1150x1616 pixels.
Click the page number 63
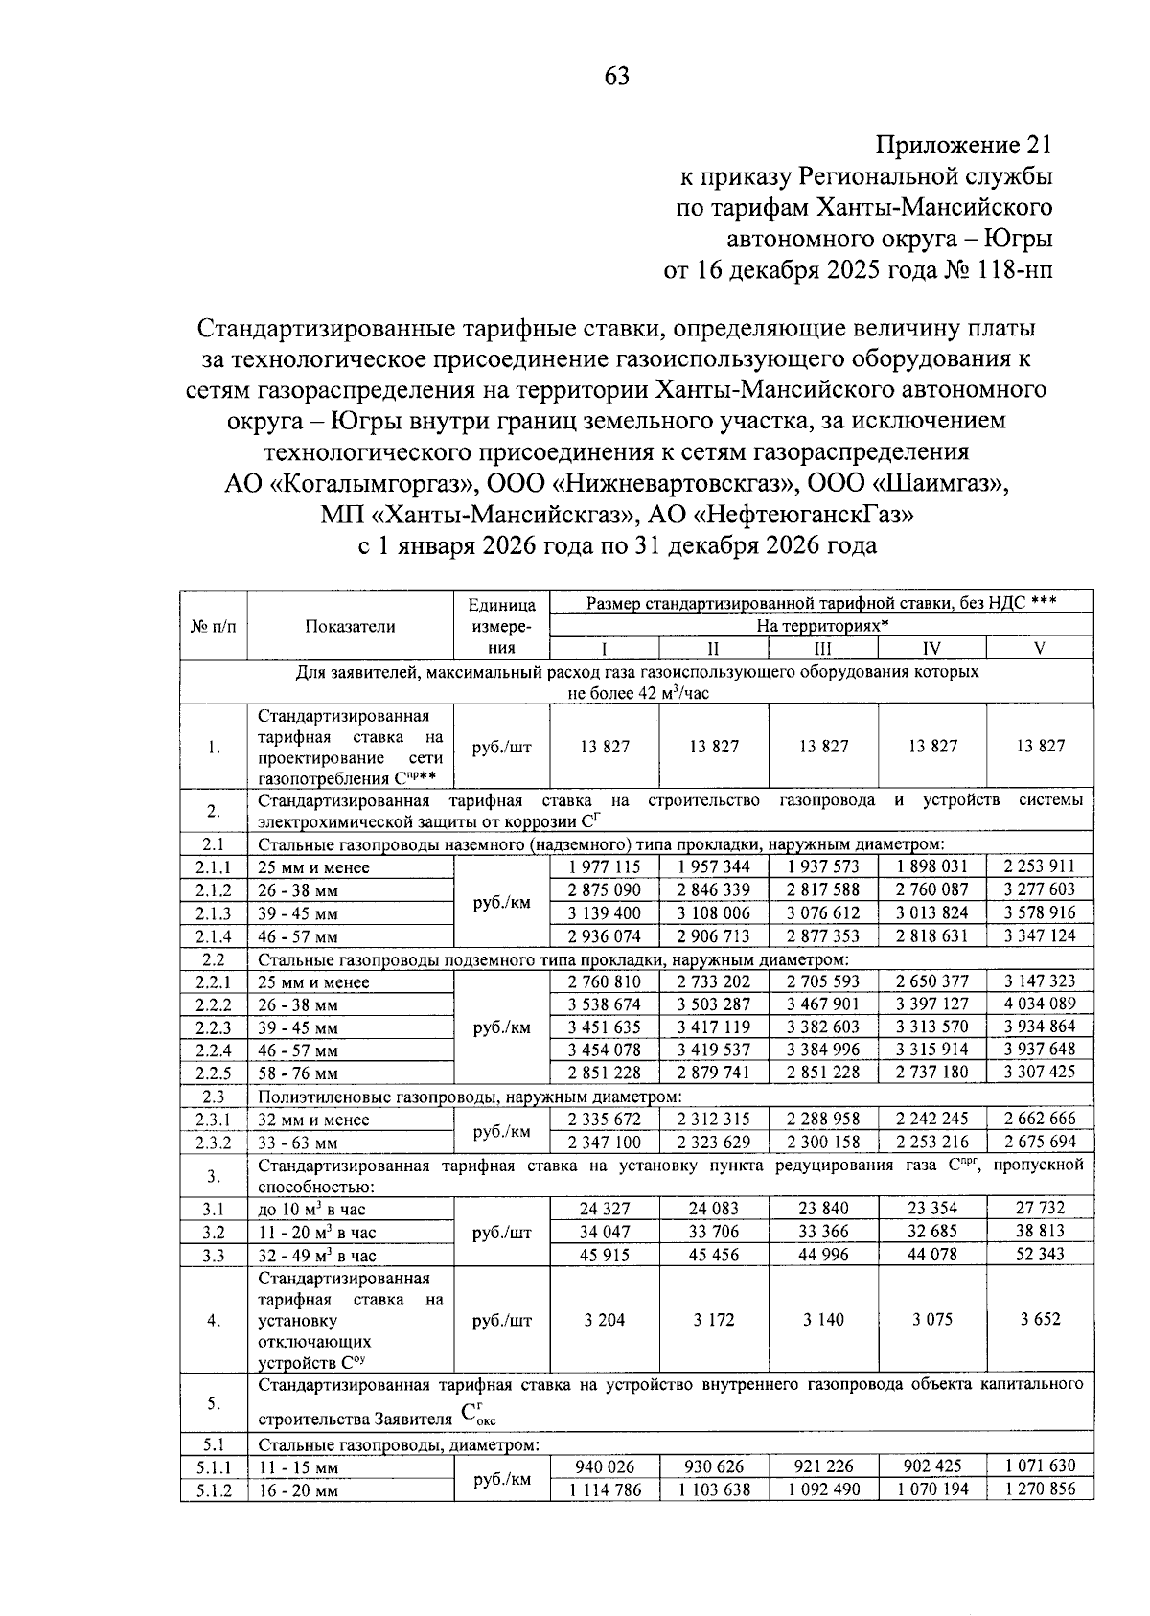pyautogui.click(x=617, y=77)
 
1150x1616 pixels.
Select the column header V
pyautogui.click(x=1039, y=649)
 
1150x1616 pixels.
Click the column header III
pyautogui.click(x=822, y=649)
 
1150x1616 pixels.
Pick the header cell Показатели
pyautogui.click(x=350, y=626)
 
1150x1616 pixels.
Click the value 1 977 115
pyautogui.click(x=605, y=866)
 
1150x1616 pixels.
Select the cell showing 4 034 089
pyautogui.click(x=1040, y=1004)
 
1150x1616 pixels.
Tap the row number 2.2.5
pyautogui.click(x=214, y=1073)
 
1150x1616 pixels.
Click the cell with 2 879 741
pyautogui.click(x=714, y=1073)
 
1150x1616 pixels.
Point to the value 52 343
pyautogui.click(x=1040, y=1254)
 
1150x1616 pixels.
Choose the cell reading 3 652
pyautogui.click(x=1040, y=1320)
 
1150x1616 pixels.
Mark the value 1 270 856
pyautogui.click(x=1040, y=1489)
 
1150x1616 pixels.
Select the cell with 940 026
pyautogui.click(x=605, y=1466)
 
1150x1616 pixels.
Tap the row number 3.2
pyautogui.click(x=214, y=1233)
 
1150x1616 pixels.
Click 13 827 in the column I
pyautogui.click(x=605, y=747)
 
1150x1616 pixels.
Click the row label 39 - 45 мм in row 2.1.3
pyautogui.click(x=298, y=913)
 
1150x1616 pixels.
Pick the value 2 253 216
pyautogui.click(x=932, y=1142)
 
